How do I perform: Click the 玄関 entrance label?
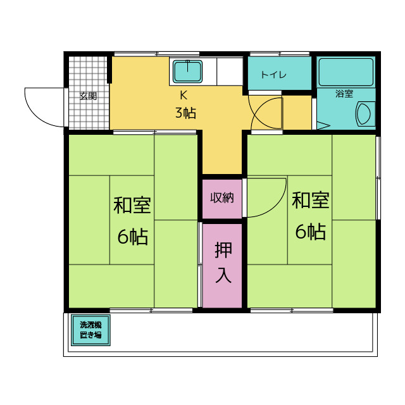click(x=88, y=96)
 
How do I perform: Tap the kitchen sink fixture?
click(x=187, y=72)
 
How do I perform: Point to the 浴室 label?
click(x=344, y=94)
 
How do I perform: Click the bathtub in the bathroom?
click(x=346, y=72)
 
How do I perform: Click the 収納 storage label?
click(x=222, y=197)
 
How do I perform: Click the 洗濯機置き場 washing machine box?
click(x=90, y=330)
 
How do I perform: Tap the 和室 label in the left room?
click(x=132, y=206)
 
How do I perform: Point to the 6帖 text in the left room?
click(x=132, y=237)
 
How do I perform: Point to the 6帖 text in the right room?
click(x=310, y=232)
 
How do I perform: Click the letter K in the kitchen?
click(x=184, y=96)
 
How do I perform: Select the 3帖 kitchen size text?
click(x=185, y=113)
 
